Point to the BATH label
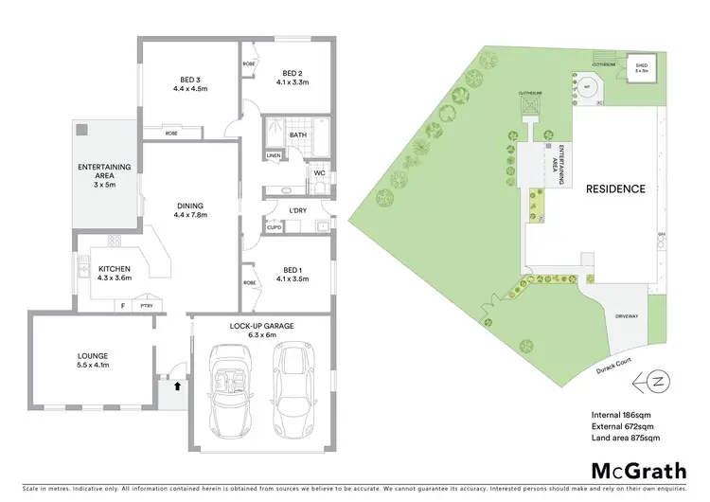[x=297, y=134]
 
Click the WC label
[x=319, y=172]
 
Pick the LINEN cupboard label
[x=274, y=154]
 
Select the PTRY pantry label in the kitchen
[x=146, y=305]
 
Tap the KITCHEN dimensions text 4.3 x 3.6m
[x=114, y=280]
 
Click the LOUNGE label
[x=93, y=356]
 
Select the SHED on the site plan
[x=642, y=66]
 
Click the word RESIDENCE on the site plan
[x=616, y=189]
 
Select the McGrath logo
[x=639, y=470]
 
